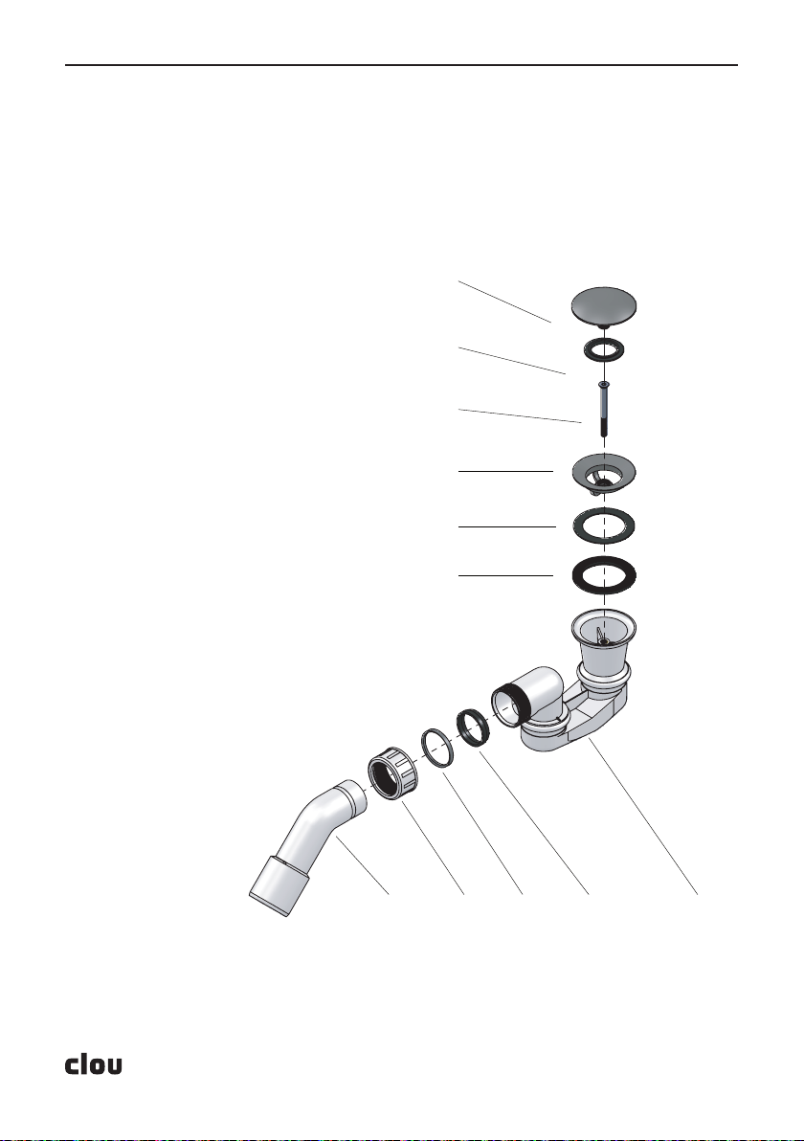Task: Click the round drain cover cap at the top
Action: pyautogui.click(x=604, y=305)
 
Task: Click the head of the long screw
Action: pyautogui.click(x=604, y=384)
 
